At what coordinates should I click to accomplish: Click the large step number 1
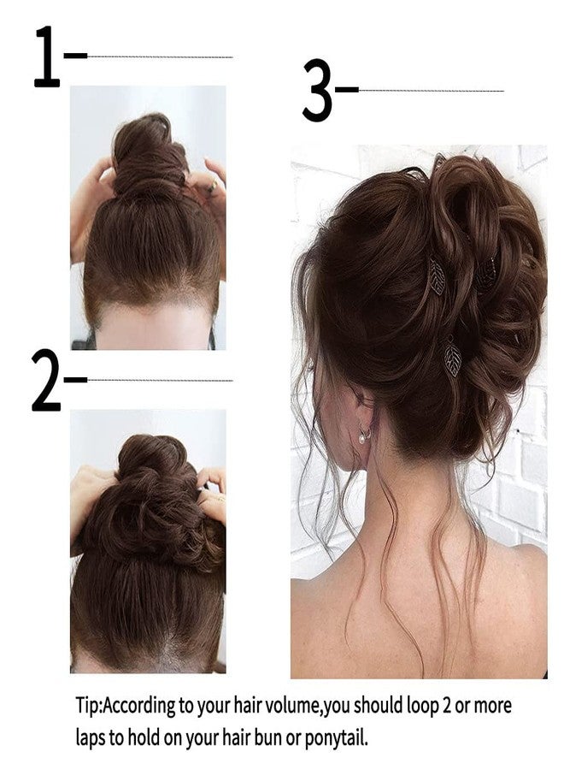click(48, 57)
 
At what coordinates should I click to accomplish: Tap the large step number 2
click(46, 381)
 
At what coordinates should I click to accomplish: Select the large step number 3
click(317, 91)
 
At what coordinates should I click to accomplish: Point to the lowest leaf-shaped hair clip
click(453, 356)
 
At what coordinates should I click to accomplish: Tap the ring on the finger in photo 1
click(214, 186)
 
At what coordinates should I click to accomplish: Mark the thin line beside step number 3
click(432, 91)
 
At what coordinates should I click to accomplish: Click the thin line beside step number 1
click(160, 57)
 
